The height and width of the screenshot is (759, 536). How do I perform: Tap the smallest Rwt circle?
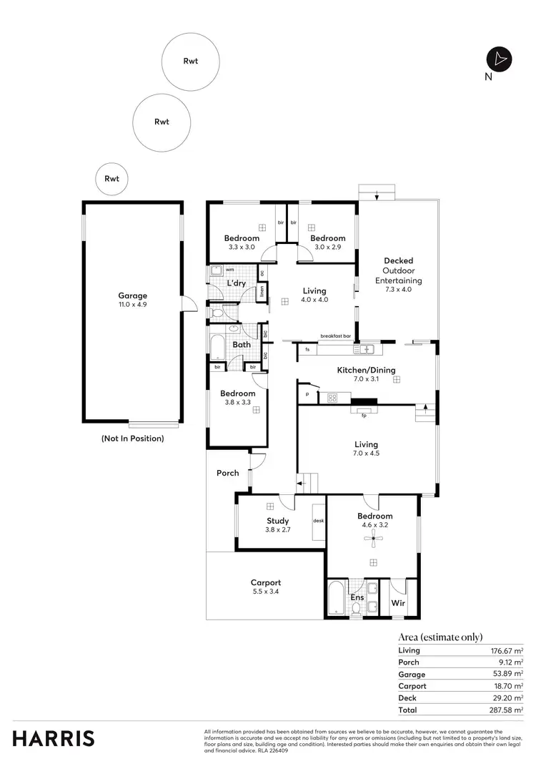click(111, 179)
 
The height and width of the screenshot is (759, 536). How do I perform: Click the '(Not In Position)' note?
click(132, 439)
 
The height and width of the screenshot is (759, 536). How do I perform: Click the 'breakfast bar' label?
click(335, 336)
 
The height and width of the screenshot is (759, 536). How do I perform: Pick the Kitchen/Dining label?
click(366, 371)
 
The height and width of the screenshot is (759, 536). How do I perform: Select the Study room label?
click(277, 521)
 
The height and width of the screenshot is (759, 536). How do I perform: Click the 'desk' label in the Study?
click(318, 520)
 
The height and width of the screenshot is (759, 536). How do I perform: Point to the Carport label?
click(265, 582)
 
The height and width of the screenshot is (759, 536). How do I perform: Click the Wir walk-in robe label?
click(398, 603)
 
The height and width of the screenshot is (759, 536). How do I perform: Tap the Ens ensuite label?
click(357, 597)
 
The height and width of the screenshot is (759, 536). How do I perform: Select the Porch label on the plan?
click(227, 474)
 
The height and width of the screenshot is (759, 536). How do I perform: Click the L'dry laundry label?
click(237, 284)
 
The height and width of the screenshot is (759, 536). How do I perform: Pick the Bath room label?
click(241, 345)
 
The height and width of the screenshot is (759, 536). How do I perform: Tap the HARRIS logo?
click(53, 738)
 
